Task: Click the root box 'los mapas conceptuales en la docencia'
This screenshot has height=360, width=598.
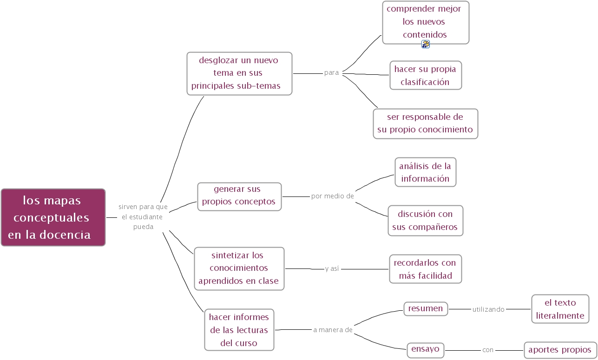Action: coord(53,217)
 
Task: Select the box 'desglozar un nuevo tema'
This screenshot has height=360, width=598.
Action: coord(239,73)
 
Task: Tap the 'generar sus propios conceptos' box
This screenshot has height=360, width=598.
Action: coord(239,196)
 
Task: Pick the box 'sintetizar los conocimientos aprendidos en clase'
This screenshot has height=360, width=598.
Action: coord(239,268)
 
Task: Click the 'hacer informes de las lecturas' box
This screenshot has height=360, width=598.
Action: coord(239,330)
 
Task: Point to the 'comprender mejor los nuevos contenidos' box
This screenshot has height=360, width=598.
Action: coord(426,22)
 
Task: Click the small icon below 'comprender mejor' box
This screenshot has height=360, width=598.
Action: coord(425,44)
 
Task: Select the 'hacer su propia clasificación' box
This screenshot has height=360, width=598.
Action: coord(426,75)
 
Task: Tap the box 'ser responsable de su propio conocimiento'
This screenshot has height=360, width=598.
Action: coord(425,124)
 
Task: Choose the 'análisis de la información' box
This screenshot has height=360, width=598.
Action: coord(425,172)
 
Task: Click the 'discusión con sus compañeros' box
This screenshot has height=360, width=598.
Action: coord(425,221)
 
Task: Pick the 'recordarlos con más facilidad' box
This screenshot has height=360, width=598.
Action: coord(425,269)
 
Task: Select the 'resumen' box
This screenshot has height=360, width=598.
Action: coord(426,308)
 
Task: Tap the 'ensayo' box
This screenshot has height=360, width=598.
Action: coord(425,349)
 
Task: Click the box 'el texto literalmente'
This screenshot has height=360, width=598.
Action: coord(560,309)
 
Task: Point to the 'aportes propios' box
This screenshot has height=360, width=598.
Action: coord(560,350)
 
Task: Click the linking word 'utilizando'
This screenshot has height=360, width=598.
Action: coord(488,309)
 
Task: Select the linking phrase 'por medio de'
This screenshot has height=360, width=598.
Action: coord(332,196)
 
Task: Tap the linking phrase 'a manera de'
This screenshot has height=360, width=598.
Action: coord(333,330)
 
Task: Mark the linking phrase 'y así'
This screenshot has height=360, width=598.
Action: coord(332,268)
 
